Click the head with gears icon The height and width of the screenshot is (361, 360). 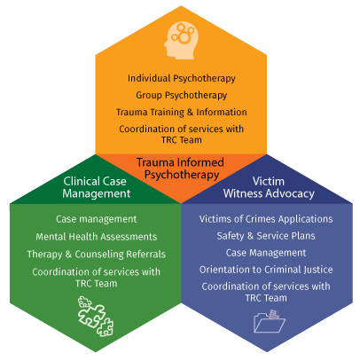pyautogui.click(x=181, y=40)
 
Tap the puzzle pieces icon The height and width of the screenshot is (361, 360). pyautogui.click(x=96, y=316)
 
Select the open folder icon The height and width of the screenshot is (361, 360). pyautogui.click(x=270, y=321)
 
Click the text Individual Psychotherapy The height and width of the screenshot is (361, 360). pyautogui.click(x=182, y=79)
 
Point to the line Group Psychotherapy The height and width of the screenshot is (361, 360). pyautogui.click(x=182, y=96)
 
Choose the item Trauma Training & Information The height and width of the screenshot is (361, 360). pyautogui.click(x=182, y=113)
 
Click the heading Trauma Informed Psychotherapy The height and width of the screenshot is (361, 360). pyautogui.click(x=181, y=169)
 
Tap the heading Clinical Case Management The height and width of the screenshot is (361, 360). pyautogui.click(x=96, y=187)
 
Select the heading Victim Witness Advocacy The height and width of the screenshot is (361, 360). pyautogui.click(x=269, y=187)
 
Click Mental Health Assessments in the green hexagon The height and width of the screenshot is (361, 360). pyautogui.click(x=97, y=237)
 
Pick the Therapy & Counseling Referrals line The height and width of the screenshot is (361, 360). pyautogui.click(x=97, y=255)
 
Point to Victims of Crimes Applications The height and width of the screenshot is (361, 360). pyautogui.click(x=266, y=219)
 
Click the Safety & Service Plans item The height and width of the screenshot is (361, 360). pyautogui.click(x=266, y=236)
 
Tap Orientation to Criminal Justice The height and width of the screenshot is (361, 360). pyautogui.click(x=266, y=270)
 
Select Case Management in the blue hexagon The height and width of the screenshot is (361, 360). pyautogui.click(x=266, y=253)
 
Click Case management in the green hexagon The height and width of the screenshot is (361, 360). pyautogui.click(x=97, y=219)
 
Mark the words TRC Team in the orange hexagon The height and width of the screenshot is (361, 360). pyautogui.click(x=182, y=140)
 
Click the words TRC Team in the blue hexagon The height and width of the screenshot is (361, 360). pyautogui.click(x=266, y=298)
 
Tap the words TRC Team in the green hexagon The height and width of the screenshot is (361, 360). pyautogui.click(x=97, y=284)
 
